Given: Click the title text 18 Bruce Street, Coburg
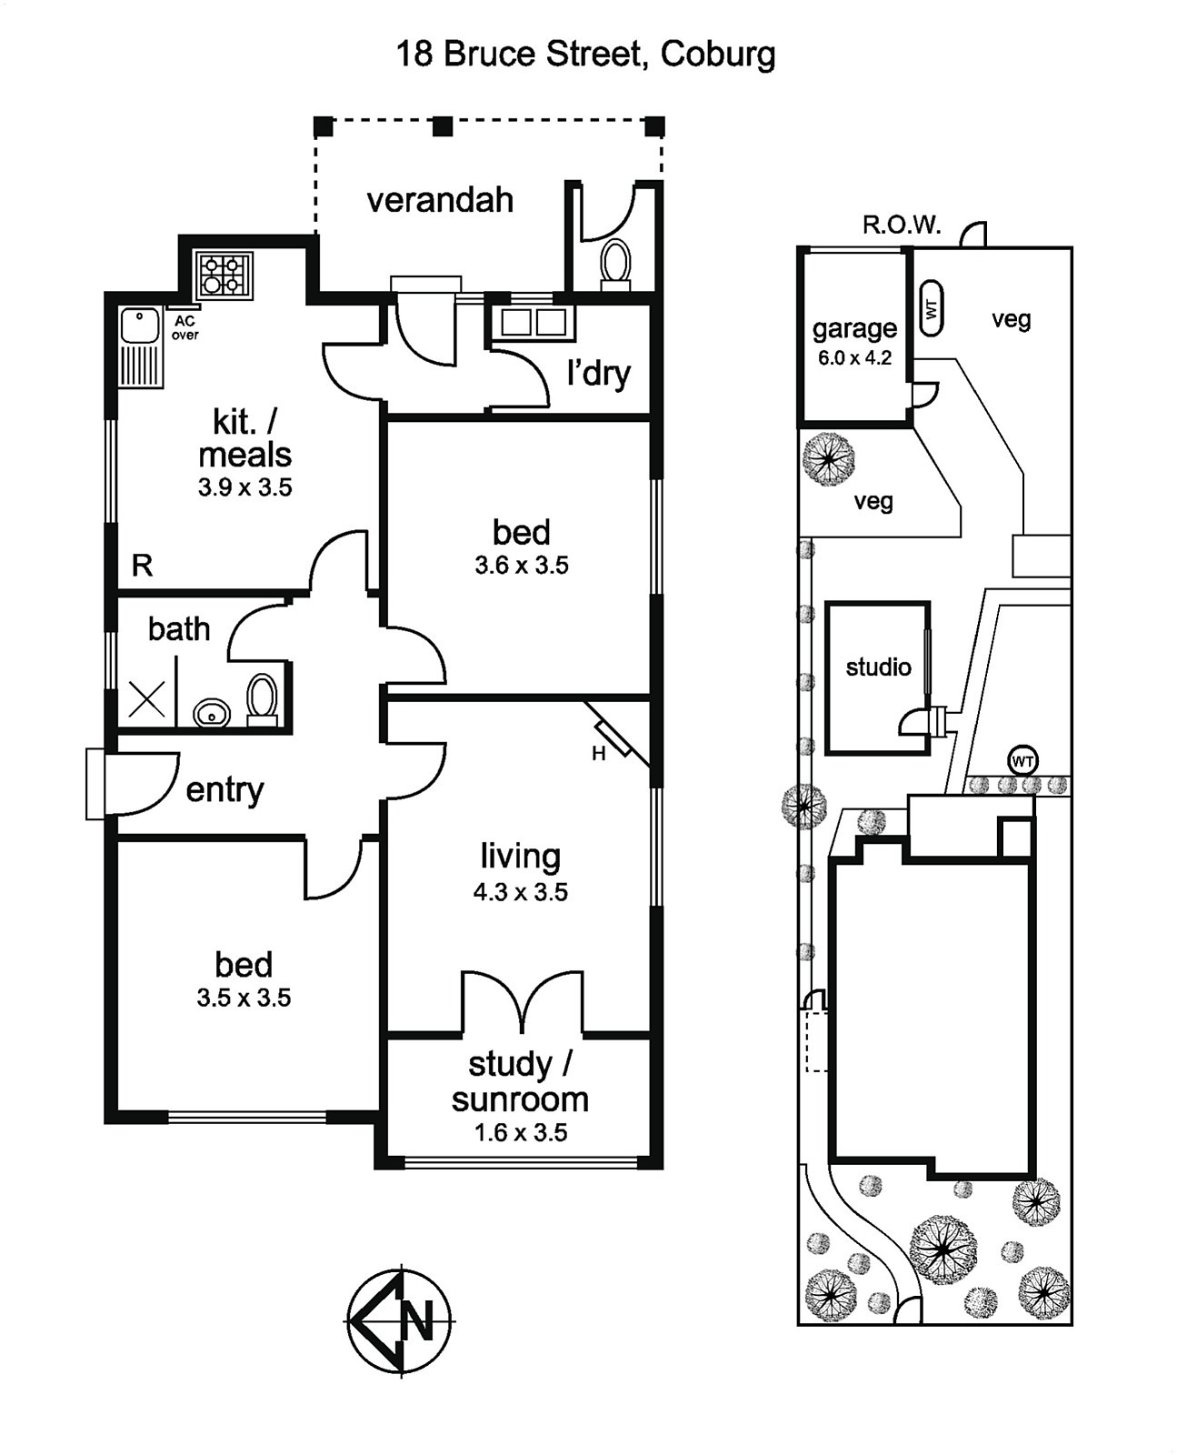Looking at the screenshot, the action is click(585, 55).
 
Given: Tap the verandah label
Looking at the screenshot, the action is click(440, 201).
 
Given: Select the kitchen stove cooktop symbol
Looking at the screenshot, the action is click(224, 275).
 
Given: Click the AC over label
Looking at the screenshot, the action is click(185, 328).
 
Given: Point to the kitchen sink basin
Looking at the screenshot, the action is click(139, 326).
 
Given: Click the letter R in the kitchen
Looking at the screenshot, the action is click(142, 565).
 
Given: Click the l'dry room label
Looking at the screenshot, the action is click(599, 374).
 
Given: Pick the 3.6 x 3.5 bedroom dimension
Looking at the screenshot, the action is click(522, 566).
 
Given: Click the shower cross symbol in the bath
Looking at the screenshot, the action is click(146, 698).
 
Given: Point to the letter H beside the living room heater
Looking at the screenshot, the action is click(599, 754).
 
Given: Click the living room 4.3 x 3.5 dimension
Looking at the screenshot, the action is click(520, 892).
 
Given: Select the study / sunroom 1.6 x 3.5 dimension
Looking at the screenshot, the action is click(520, 1132).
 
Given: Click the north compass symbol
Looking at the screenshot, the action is click(400, 1322).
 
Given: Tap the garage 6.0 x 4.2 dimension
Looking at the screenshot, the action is click(854, 357).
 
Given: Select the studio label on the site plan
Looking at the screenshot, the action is click(878, 667).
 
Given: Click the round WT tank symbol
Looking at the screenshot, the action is click(1022, 760).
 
